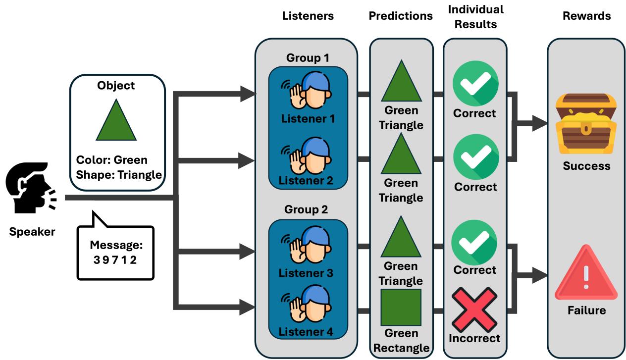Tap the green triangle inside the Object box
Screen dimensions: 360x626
[x=116, y=122]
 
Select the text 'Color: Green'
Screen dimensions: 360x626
[x=111, y=160]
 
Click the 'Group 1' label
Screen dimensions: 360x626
[x=307, y=57]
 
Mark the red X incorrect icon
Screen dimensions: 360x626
[x=475, y=310]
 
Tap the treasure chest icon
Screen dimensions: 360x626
[x=585, y=124]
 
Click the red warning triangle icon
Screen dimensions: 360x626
[x=586, y=277]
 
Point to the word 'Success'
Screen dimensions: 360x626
[x=586, y=166]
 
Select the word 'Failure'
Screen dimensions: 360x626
[x=586, y=310]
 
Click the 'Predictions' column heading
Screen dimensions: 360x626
[x=401, y=16]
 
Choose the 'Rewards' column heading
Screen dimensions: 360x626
[x=587, y=16]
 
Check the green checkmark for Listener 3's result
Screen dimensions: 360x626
[x=475, y=243]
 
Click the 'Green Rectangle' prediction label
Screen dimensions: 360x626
[x=401, y=341]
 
